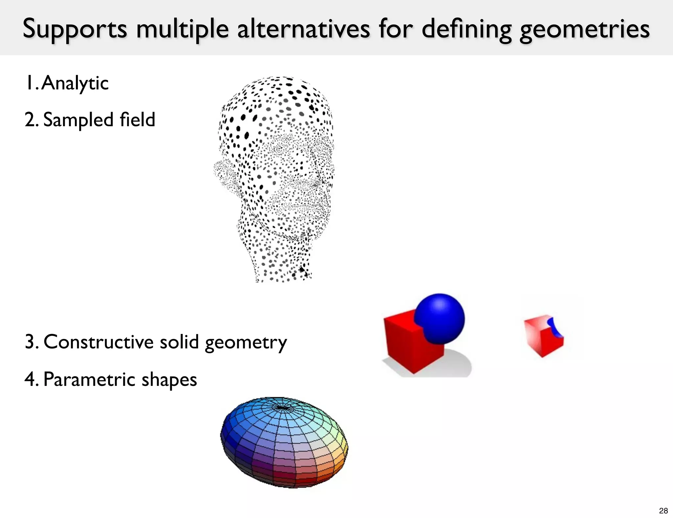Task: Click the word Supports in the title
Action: (x=75, y=29)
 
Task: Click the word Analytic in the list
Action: (x=75, y=83)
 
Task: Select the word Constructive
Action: (x=98, y=342)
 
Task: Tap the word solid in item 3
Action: (x=179, y=342)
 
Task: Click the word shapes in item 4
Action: (x=169, y=380)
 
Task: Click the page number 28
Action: (x=663, y=510)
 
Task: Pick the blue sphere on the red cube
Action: (x=440, y=318)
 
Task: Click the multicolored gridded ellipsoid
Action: (x=284, y=442)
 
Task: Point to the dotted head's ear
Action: (x=225, y=174)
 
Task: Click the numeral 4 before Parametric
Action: (x=30, y=379)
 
